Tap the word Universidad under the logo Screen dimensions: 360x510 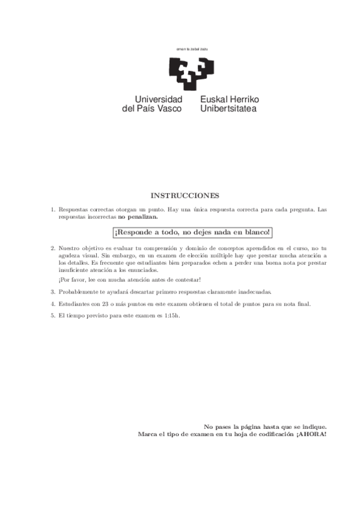[159, 99]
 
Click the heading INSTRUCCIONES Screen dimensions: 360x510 [185, 195]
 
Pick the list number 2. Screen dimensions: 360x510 [53, 248]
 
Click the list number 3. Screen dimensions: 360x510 [53, 291]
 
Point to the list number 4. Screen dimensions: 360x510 [53, 304]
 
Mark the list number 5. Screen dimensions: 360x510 [53, 316]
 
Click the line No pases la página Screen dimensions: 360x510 [265, 425]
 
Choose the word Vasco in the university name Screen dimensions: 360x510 [169, 108]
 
